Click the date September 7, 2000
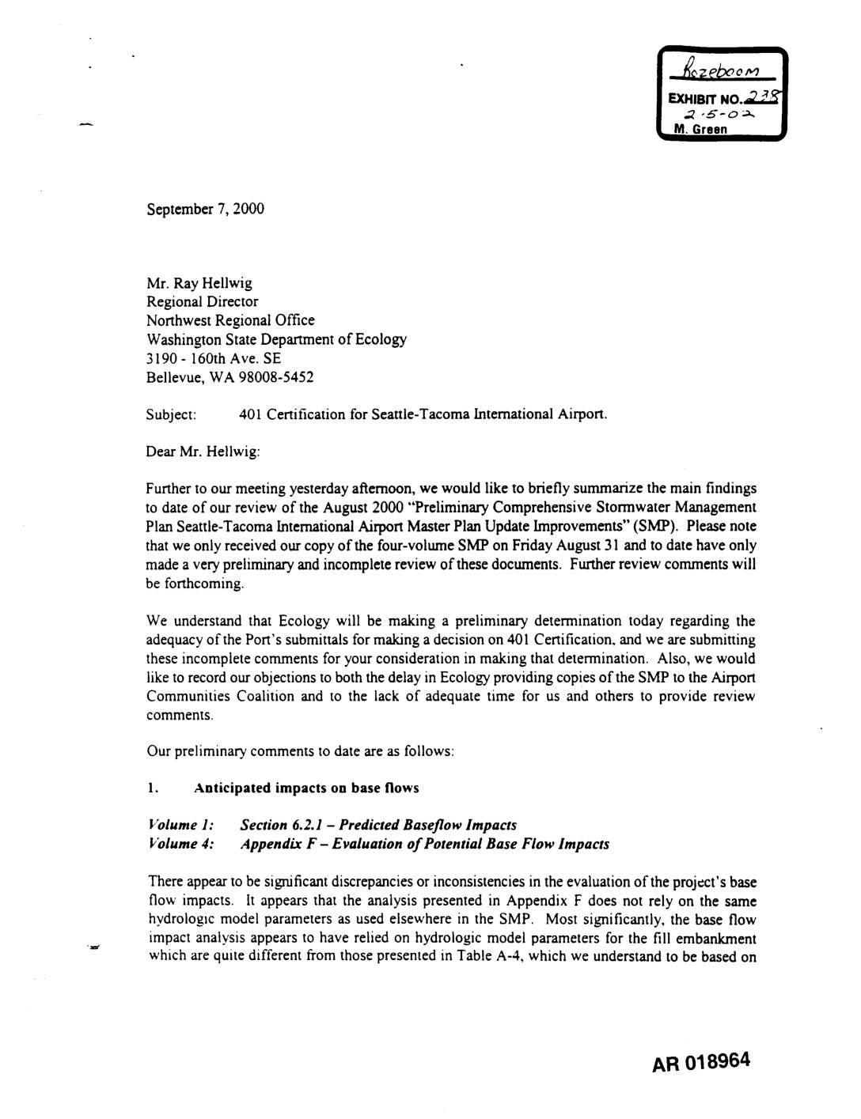coord(205,209)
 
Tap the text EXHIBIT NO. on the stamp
coord(697,101)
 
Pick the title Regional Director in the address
coord(202,301)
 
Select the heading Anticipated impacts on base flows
coord(307,788)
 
